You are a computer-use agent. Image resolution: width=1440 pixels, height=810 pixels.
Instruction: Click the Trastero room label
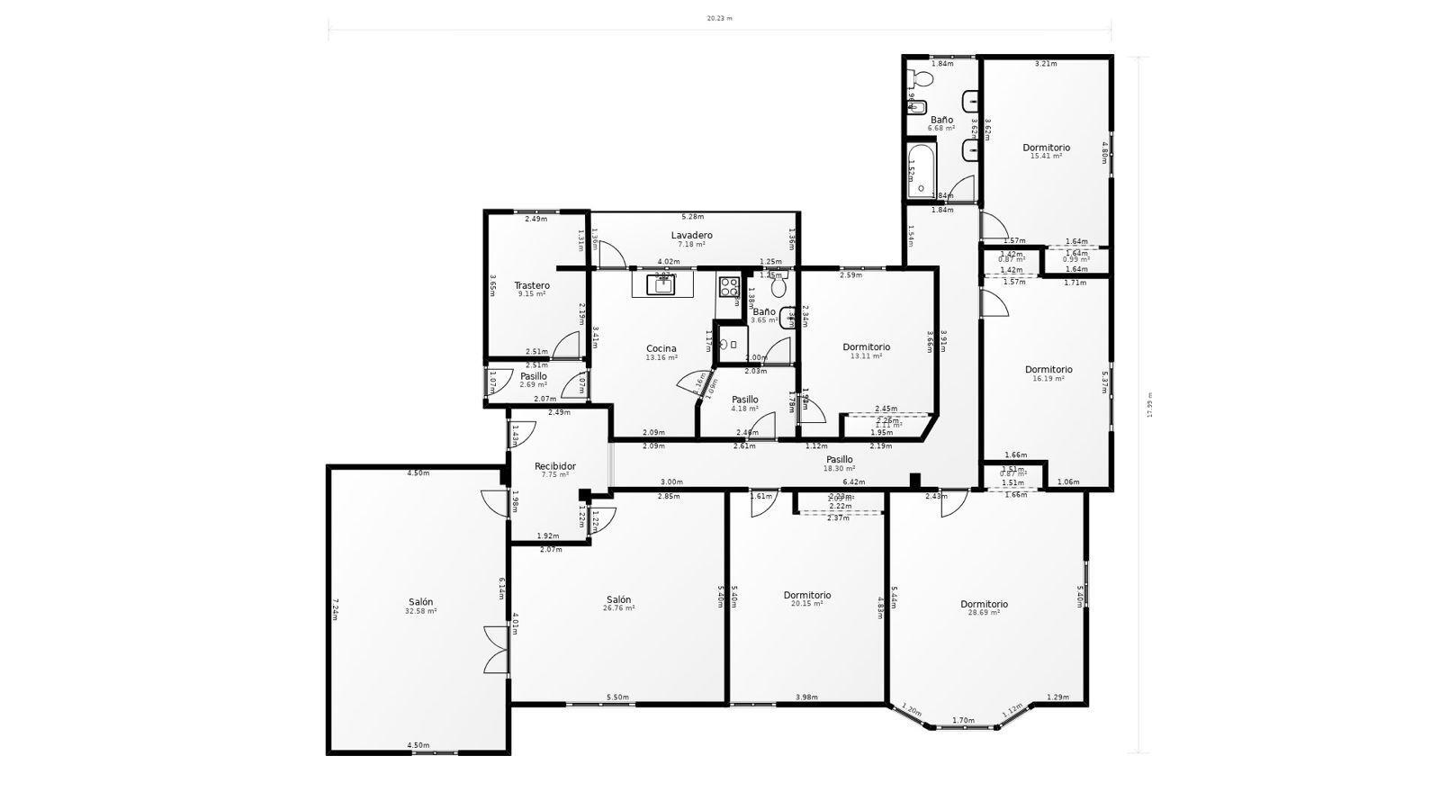click(x=532, y=285)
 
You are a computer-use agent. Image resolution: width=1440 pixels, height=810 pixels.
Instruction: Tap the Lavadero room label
click(x=691, y=235)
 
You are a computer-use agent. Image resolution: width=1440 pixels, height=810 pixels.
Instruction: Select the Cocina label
click(x=661, y=348)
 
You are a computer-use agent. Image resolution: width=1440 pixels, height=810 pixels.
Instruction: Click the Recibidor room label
click(x=555, y=466)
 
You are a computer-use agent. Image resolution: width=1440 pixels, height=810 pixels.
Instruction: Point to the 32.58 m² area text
click(x=420, y=611)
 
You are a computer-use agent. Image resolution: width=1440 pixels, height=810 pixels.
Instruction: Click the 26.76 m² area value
click(x=618, y=608)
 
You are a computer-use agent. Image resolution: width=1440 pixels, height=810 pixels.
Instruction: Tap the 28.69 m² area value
click(x=984, y=613)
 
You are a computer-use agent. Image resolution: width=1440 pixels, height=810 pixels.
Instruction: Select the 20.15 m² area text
click(x=807, y=604)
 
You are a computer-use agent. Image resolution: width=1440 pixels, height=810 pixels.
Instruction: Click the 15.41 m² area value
click(x=1046, y=157)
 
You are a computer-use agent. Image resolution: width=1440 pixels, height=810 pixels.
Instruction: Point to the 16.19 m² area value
click(x=1048, y=379)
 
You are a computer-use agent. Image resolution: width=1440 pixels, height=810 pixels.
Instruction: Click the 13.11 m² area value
click(x=866, y=356)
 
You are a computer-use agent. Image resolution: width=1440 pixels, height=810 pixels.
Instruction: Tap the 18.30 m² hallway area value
click(x=839, y=469)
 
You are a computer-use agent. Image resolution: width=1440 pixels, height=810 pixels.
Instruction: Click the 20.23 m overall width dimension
click(x=719, y=18)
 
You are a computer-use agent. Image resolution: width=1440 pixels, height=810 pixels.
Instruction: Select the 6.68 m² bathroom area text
click(x=941, y=129)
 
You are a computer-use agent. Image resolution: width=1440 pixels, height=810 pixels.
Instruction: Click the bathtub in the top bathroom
click(x=921, y=170)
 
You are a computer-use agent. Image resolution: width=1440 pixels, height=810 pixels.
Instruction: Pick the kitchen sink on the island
click(x=663, y=285)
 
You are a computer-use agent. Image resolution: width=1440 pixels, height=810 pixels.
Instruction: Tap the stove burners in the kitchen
click(x=729, y=287)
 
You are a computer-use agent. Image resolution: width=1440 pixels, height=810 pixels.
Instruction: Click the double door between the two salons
click(x=497, y=650)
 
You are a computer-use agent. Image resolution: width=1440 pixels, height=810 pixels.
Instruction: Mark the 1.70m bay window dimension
click(x=963, y=721)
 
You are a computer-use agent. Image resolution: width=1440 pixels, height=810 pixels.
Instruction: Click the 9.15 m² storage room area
click(x=532, y=294)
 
